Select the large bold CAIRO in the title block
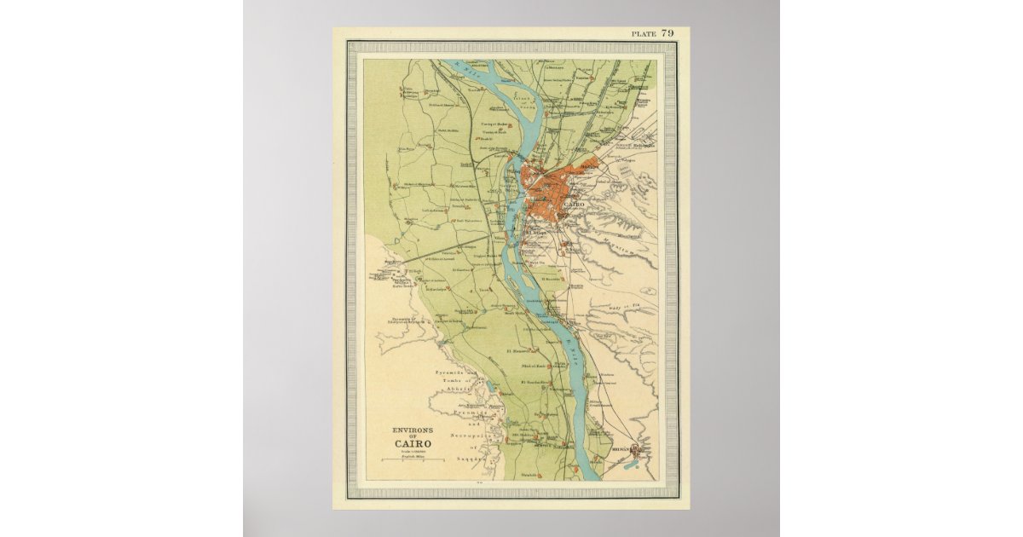tap(412, 443)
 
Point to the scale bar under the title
tap(413, 460)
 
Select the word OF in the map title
tap(412, 436)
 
